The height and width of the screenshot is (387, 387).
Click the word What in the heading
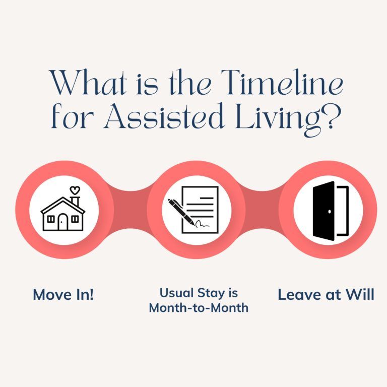pos(88,83)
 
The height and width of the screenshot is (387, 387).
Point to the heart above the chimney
pos(75,190)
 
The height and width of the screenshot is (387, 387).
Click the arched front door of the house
pos(62,222)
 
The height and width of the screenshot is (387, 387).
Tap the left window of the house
pos(51,219)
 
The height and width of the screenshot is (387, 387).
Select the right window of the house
pos(75,219)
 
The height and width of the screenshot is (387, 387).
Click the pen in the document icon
pos(181,212)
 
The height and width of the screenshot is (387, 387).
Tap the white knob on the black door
pos(330,212)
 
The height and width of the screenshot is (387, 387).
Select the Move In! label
pos(63,295)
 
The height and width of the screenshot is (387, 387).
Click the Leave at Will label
pos(326,295)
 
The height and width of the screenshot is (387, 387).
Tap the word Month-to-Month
pos(199,308)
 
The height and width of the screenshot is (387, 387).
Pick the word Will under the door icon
pos(360,295)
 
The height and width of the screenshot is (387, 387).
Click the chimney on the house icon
pos(75,202)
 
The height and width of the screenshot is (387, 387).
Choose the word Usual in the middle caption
pos(176,293)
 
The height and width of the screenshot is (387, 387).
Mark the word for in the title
pos(69,116)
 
